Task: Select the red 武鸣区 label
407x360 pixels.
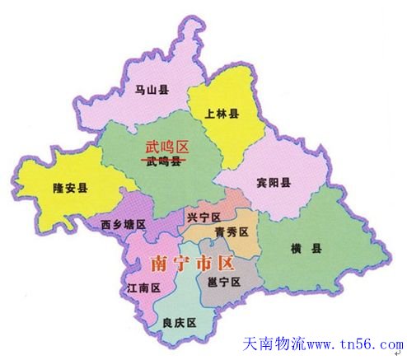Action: (167, 147)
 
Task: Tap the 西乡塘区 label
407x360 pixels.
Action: (124, 224)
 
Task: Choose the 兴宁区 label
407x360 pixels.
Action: (203, 217)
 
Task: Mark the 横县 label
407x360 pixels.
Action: (306, 250)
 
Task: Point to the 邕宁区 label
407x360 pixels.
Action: (224, 283)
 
